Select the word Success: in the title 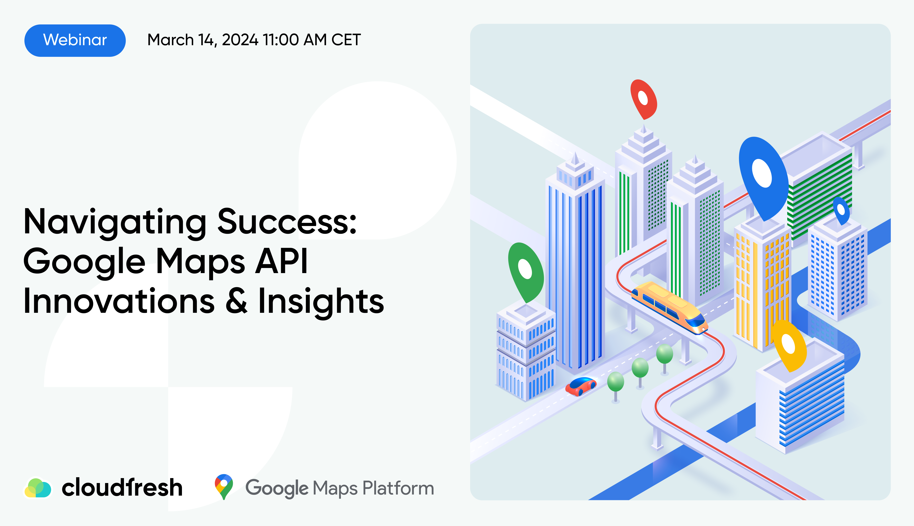click(287, 221)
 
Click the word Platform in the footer click(398, 488)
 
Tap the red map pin click(644, 99)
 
